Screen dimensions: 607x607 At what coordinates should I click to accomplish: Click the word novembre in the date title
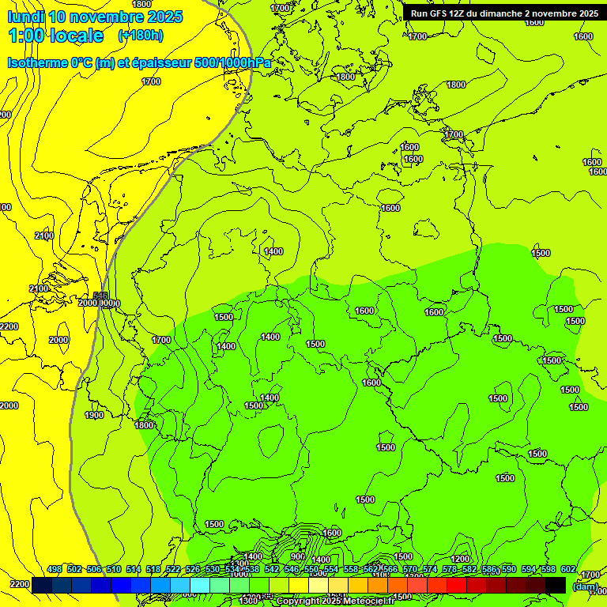113,17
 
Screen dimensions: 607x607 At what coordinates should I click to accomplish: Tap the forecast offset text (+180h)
140,36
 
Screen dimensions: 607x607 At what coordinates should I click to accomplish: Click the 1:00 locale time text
55,36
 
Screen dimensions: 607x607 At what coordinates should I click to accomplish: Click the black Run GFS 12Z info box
504,13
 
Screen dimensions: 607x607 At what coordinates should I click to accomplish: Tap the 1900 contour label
94,415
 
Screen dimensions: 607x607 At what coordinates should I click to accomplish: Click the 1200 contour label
460,559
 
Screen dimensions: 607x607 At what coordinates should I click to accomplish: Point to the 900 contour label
297,556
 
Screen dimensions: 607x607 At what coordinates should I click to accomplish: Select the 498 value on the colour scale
55,569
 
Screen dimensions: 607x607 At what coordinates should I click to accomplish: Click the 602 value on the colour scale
568,569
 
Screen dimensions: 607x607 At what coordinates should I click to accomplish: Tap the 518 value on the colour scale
153,569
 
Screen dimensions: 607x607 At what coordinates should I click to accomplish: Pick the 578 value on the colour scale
450,569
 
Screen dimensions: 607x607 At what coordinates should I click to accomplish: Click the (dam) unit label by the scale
586,586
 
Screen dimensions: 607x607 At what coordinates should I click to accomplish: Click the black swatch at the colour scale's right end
556,585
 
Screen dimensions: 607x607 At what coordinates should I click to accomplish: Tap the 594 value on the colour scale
529,569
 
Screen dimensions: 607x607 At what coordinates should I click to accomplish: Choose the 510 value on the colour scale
114,569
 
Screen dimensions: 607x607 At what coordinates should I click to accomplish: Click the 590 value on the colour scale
509,569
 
